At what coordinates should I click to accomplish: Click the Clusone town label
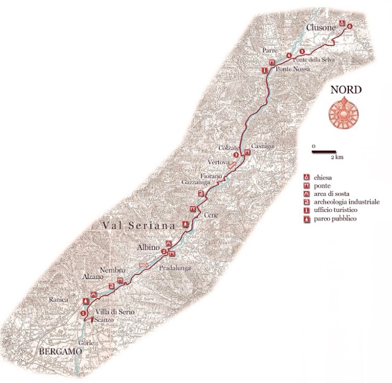pos(320,27)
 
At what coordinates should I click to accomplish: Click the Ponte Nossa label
pos(291,70)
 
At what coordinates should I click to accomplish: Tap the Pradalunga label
pos(175,269)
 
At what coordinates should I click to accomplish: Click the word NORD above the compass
pos(346,89)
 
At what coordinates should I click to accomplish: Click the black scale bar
pos(324,152)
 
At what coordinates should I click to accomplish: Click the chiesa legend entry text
pos(323,177)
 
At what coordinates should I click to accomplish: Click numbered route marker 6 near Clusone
pos(349,26)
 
